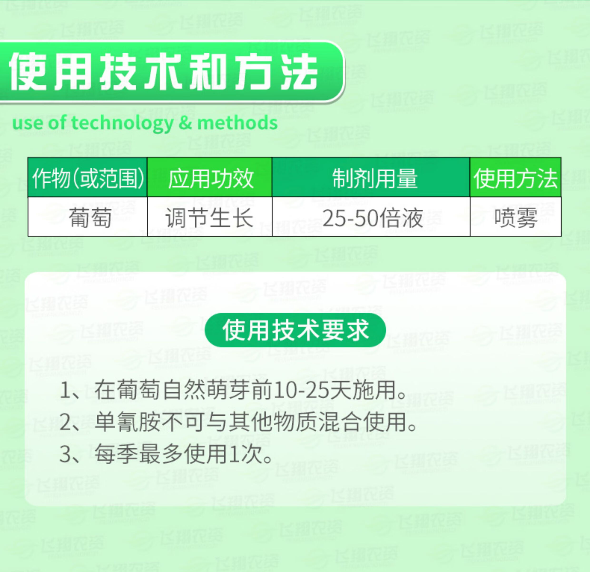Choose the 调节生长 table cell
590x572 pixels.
[x=210, y=217]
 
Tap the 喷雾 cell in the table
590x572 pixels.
[x=516, y=217]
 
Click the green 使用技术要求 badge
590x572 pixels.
[x=295, y=330]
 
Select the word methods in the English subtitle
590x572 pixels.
[x=237, y=123]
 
